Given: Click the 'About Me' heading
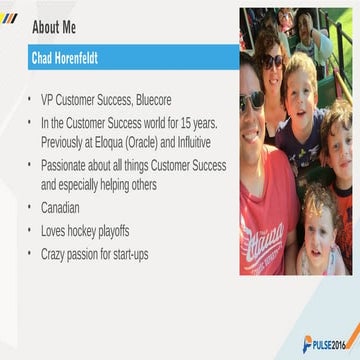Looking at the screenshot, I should click(x=53, y=27).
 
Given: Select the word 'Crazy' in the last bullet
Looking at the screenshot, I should click(x=56, y=254).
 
